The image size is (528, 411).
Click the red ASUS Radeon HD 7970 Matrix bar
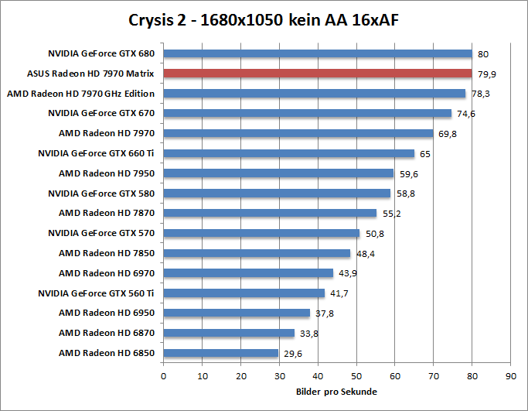317,74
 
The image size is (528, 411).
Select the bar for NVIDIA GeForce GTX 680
317,53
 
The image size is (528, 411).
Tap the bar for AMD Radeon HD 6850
220,353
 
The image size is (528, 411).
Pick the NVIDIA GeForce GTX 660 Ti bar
288,153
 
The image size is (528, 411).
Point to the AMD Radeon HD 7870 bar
270,213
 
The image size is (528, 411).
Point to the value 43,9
346,273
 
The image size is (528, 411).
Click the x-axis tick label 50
356,377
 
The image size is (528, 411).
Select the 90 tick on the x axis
510,377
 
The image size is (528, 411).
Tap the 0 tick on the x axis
163,377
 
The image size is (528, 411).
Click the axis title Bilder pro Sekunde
336,392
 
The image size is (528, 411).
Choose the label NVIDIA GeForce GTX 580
100,193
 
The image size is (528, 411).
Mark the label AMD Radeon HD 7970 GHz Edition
80,94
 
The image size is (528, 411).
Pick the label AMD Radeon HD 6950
106,313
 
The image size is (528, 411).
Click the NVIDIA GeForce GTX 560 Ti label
96,293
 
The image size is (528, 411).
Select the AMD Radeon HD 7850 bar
257,253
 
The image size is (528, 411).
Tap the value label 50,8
372,233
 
